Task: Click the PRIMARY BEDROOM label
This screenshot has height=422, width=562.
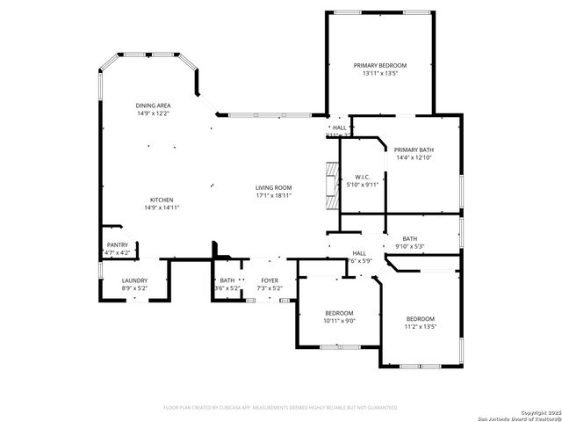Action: (380, 65)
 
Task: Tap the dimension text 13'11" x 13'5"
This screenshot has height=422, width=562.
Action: (380, 74)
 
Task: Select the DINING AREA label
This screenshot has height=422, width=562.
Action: (153, 105)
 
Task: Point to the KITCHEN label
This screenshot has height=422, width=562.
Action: (161, 200)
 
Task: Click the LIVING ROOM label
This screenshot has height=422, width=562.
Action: (273, 187)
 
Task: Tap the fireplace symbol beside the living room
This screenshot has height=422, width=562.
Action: (330, 186)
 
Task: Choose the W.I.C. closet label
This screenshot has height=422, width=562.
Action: (362, 177)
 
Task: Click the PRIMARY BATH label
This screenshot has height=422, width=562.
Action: (413, 149)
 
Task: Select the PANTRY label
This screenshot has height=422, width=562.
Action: (117, 244)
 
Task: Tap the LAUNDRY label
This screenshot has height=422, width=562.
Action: (134, 280)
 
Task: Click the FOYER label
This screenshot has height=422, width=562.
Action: (269, 280)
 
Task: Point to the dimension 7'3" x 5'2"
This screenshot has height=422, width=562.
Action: (269, 288)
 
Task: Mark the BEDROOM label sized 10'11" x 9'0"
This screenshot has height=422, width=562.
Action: (338, 313)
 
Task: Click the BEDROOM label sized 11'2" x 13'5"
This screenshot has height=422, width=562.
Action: (420, 318)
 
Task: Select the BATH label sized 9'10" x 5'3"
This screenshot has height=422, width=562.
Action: (410, 238)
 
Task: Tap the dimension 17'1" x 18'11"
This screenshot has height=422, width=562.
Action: (273, 195)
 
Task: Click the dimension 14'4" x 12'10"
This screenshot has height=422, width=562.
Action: (413, 157)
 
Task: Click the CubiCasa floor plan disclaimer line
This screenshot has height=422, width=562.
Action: (281, 407)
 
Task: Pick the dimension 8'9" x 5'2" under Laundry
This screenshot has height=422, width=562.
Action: (134, 288)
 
